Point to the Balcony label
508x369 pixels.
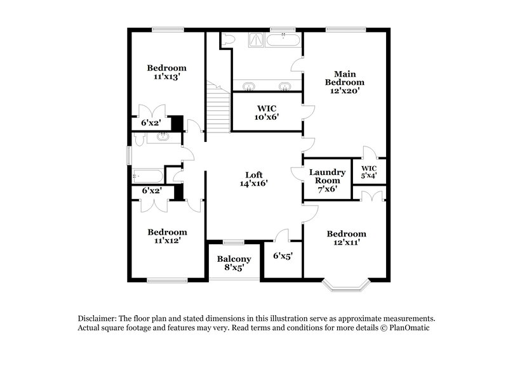pos(234,259)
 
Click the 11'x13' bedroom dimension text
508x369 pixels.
pos(166,77)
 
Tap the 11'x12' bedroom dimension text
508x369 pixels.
pos(166,241)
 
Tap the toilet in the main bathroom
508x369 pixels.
pos(228,39)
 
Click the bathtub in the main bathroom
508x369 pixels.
pos(284,39)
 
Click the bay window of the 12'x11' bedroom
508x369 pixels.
pos(346,286)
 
